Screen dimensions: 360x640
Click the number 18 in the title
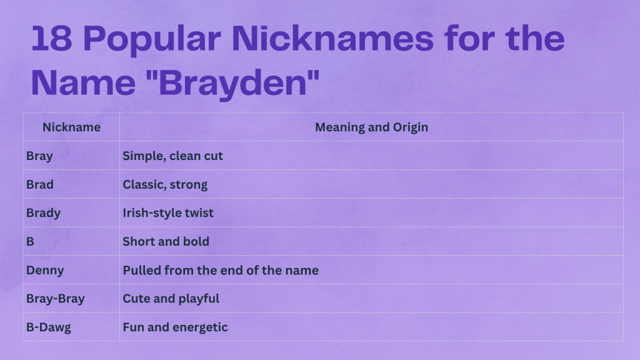click(x=51, y=39)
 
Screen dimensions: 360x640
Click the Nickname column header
click(x=71, y=127)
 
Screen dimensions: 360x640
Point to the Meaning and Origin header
click(x=371, y=127)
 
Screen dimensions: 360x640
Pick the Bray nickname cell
click(x=39, y=156)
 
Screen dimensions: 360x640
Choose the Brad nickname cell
click(x=40, y=184)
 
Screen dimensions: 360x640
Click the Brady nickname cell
click(x=43, y=213)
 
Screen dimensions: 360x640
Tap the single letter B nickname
click(x=30, y=241)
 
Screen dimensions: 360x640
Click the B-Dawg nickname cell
click(x=49, y=327)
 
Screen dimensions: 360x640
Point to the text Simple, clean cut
click(x=172, y=156)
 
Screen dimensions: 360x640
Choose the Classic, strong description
click(x=165, y=184)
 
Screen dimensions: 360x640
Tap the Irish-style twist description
click(x=168, y=213)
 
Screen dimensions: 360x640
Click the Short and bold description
click(x=166, y=241)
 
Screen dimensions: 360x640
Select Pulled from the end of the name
click(x=221, y=270)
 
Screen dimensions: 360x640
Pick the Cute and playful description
click(x=171, y=299)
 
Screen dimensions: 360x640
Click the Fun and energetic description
click(x=175, y=327)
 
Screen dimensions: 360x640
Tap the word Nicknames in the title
click(x=330, y=39)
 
